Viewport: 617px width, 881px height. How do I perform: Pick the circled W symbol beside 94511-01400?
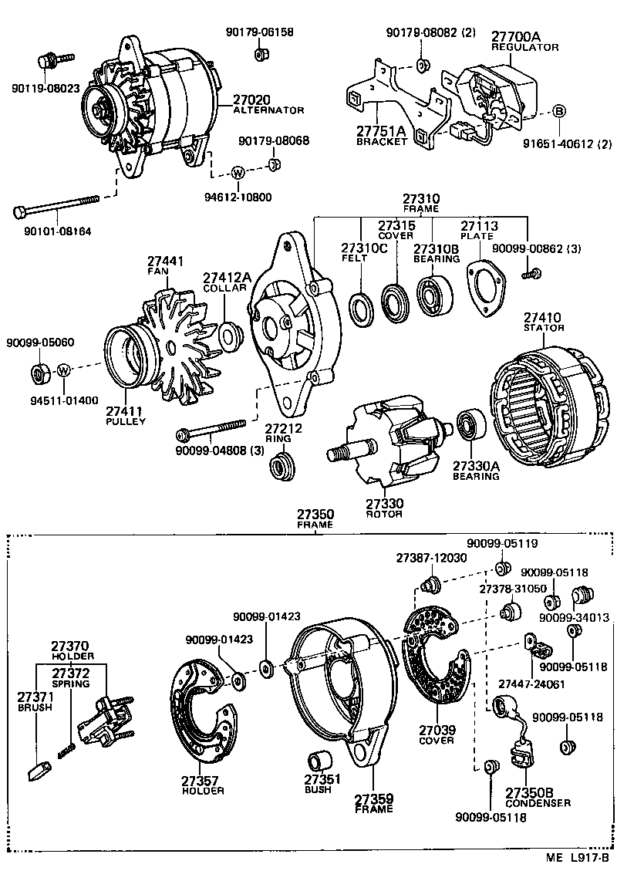coord(65,370)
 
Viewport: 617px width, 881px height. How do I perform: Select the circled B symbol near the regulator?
coord(559,111)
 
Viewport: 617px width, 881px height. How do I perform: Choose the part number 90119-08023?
coord(47,88)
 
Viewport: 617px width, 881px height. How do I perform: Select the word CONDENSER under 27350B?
coord(538,803)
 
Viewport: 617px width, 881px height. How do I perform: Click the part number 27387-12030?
coord(431,558)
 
